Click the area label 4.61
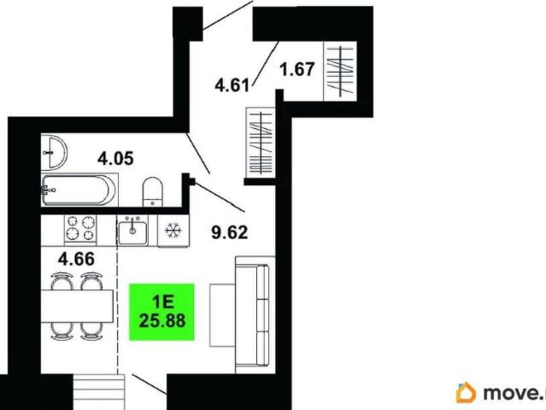[x=232, y=85]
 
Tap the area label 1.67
[x=297, y=69]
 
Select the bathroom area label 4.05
[x=115, y=159]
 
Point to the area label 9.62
[x=230, y=232]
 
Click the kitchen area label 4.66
[x=76, y=259]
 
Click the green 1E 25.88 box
[x=161, y=312]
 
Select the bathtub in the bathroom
[x=79, y=190]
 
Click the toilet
[x=152, y=192]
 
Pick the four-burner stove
[x=80, y=228]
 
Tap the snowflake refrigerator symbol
[x=173, y=231]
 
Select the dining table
[x=77, y=306]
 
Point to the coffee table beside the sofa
[x=222, y=315]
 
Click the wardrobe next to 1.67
[x=340, y=72]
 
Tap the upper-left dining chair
[x=62, y=281]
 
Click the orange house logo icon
[x=466, y=392]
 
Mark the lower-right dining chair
[x=91, y=331]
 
